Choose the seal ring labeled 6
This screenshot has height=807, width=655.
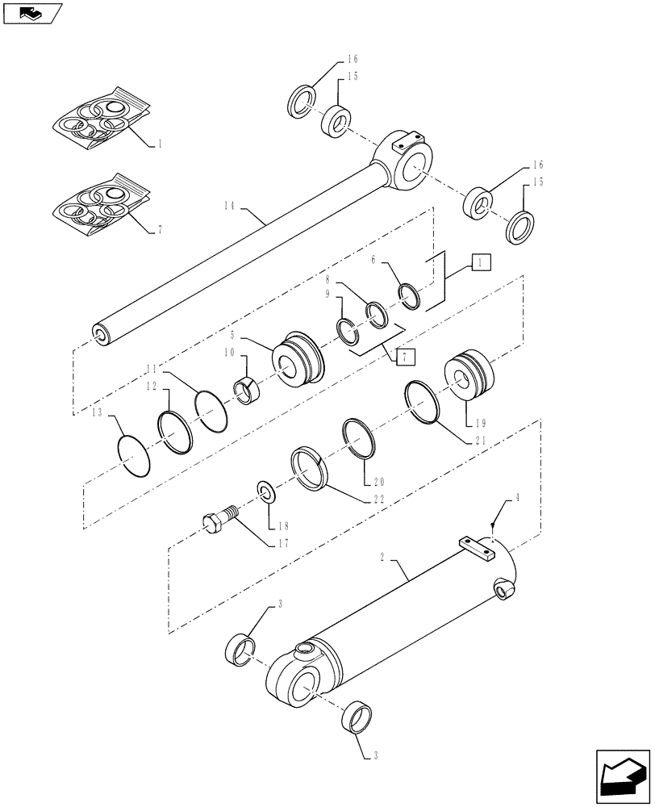pos(411,295)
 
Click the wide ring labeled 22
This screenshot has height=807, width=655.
pos(311,469)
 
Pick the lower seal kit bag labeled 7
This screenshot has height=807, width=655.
pos(101,208)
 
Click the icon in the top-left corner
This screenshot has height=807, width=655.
pos(33,12)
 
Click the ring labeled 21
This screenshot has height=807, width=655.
pos(423,401)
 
